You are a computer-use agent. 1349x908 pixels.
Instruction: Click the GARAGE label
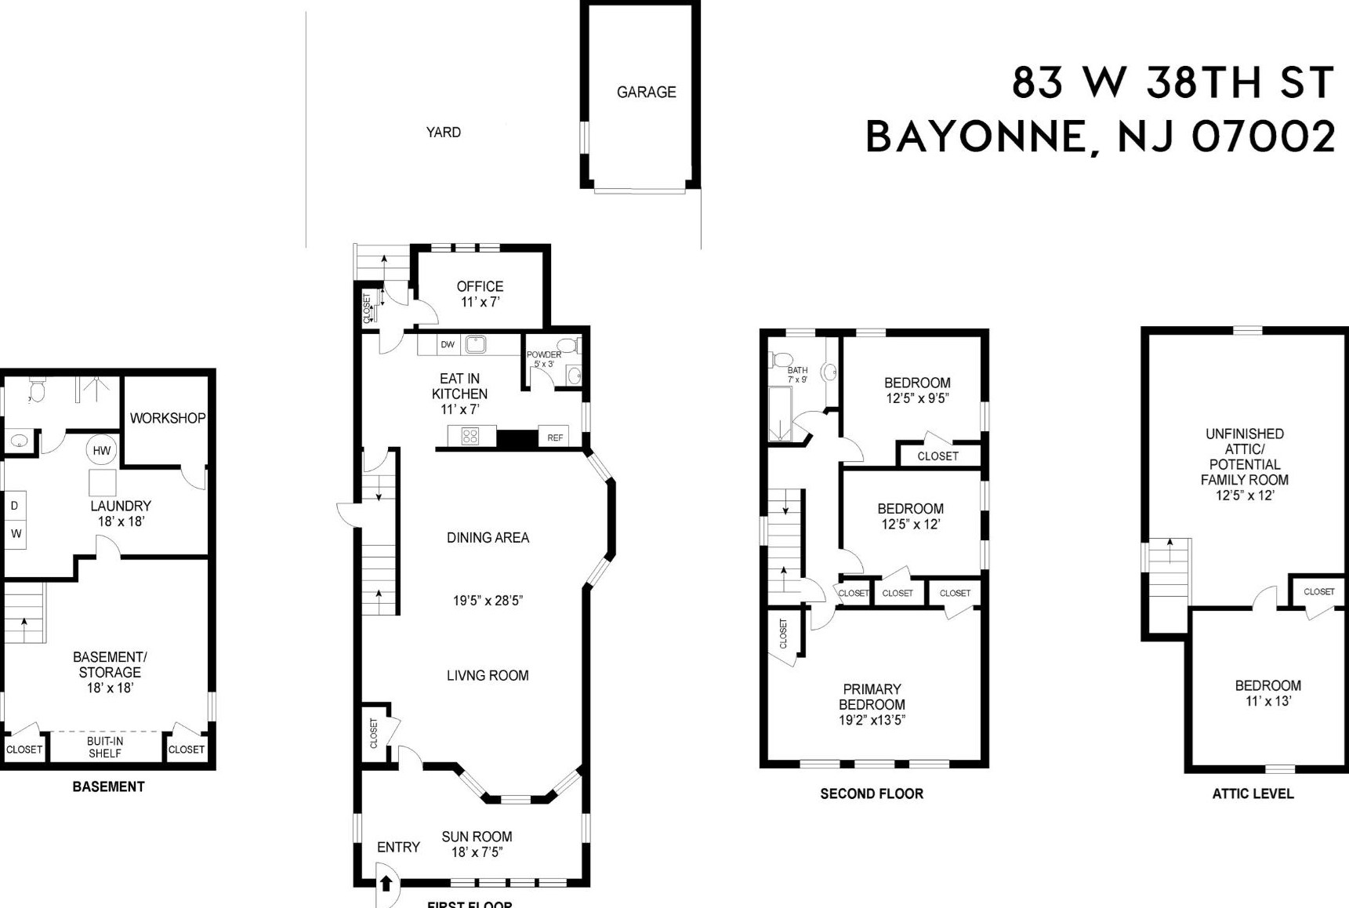tap(646, 92)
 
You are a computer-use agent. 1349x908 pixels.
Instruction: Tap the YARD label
tap(443, 132)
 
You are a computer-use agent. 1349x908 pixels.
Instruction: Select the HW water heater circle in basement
tap(102, 450)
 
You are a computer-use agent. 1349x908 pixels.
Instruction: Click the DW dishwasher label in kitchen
tap(448, 344)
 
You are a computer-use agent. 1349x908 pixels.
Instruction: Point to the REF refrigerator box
tap(555, 438)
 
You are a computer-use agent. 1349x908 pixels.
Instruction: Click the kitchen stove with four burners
tap(470, 436)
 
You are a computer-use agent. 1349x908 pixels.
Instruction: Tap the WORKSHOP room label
tap(167, 418)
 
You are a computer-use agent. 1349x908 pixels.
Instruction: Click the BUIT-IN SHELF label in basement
tap(104, 747)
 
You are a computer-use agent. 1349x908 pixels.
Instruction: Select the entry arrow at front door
tap(386, 883)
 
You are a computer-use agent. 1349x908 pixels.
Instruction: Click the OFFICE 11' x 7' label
tap(480, 293)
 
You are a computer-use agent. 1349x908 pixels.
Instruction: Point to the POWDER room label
tap(543, 355)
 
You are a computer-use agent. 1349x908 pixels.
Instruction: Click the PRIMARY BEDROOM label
tap(872, 697)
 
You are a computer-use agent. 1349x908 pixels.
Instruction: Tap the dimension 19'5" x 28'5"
tap(488, 601)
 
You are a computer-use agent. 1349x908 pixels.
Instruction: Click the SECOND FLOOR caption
tap(872, 794)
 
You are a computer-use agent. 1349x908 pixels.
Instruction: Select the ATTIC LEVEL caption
tap(1253, 794)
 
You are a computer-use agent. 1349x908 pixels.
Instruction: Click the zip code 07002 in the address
tap(1263, 136)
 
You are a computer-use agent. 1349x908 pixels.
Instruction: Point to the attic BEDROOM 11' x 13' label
tap(1267, 692)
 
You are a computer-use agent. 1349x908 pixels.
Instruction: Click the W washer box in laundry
tap(16, 534)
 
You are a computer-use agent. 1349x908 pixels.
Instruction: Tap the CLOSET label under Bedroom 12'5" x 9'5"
tap(937, 456)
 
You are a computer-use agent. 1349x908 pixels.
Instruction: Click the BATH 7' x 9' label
tap(797, 374)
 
